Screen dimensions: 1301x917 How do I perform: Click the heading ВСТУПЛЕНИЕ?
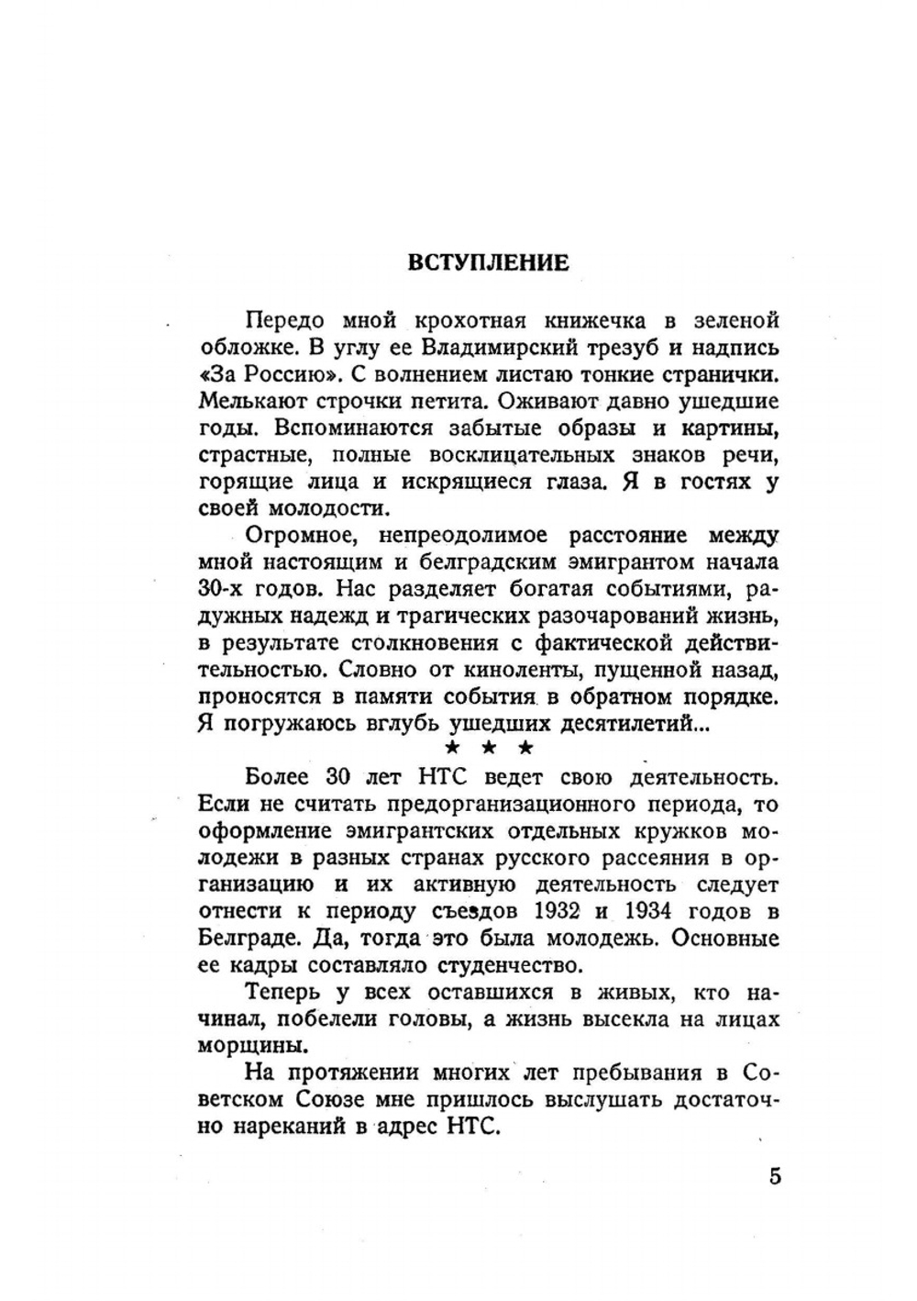488,262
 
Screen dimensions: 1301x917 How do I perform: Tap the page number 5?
776,1177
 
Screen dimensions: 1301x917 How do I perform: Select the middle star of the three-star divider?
489,748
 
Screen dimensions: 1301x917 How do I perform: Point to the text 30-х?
222,588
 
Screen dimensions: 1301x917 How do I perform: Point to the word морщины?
247,1046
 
